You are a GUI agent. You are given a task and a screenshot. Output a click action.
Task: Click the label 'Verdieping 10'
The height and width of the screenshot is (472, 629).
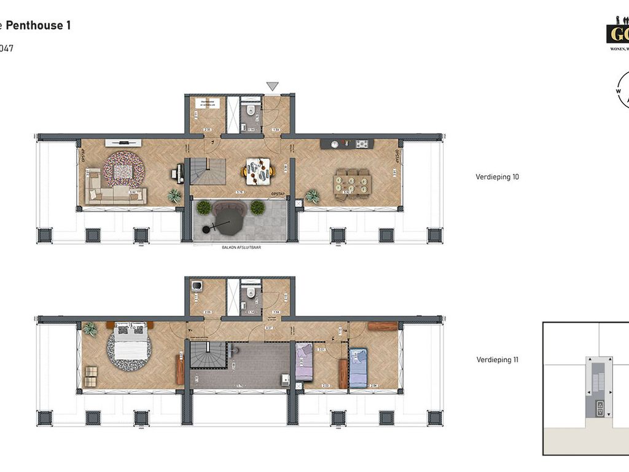point(497,177)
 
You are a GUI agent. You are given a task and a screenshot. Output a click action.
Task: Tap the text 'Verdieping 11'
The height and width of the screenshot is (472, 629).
point(497,360)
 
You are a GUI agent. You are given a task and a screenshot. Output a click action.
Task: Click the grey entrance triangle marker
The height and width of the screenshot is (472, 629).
point(272,87)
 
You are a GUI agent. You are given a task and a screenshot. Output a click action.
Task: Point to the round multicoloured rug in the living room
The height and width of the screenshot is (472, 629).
point(123,170)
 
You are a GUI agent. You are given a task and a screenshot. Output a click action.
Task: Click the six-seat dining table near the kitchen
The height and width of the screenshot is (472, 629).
point(353,183)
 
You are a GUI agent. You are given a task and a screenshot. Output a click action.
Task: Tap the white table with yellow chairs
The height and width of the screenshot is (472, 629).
point(258,171)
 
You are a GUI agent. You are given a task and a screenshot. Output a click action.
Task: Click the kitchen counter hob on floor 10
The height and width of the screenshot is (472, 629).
point(362,144)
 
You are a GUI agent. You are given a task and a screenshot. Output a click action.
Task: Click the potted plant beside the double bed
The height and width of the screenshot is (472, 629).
point(90,329)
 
